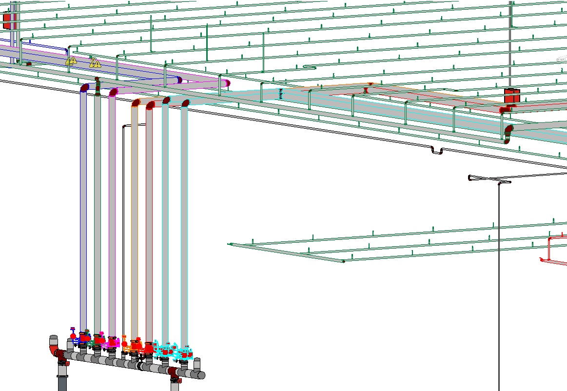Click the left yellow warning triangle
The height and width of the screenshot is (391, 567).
point(71,60)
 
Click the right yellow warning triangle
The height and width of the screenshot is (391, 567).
point(95,63)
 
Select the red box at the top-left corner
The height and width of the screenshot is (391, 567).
point(10,20)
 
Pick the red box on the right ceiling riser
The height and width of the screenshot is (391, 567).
point(511,96)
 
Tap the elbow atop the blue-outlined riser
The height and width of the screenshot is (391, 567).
point(84,88)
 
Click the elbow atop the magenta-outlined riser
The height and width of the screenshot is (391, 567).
point(113,91)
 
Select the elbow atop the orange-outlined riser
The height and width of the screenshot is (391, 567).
point(136,103)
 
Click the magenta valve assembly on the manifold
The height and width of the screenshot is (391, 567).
point(112,341)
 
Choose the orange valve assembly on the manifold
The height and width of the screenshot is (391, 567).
point(128,345)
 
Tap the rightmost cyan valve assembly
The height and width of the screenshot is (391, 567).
point(185,352)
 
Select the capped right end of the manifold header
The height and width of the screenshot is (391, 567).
point(200,375)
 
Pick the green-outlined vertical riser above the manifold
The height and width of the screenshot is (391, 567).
point(98,205)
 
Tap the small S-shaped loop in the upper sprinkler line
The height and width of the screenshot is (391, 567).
point(310,67)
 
